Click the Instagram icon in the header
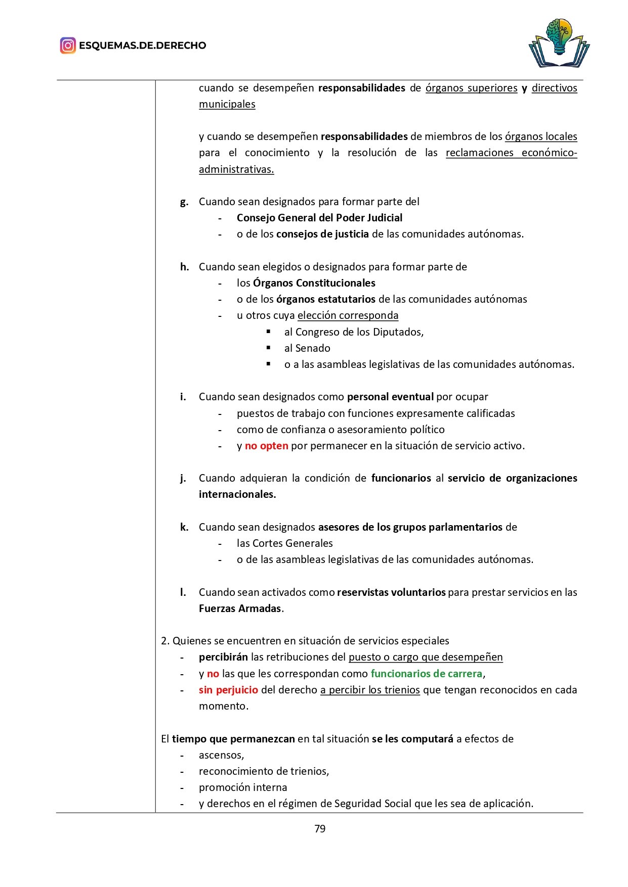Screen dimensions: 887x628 coord(68,45)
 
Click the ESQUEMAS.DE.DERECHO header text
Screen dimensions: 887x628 coord(142,45)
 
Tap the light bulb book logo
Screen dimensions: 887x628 coord(559,43)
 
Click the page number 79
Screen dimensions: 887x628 coord(320,829)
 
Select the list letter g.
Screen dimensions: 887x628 coord(184,202)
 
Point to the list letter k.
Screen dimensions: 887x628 coord(184,527)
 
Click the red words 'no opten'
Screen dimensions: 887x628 coord(266,446)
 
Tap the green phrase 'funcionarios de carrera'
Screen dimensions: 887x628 coord(427,674)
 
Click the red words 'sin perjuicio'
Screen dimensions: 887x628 coord(228,690)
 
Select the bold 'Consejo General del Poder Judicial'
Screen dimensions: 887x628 coord(319,218)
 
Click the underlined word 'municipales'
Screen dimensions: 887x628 coord(227,104)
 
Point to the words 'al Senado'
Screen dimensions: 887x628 coord(307,348)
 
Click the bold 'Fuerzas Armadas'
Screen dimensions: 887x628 coord(240,609)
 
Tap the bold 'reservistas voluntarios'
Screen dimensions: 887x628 coord(391,592)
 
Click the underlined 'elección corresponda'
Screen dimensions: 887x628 coord(348,315)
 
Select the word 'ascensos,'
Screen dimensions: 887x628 coord(221,755)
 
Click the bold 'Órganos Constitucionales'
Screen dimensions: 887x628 coord(314,283)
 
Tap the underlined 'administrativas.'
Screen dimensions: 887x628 coord(236,169)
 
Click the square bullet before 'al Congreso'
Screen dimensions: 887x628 coord(269,332)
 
